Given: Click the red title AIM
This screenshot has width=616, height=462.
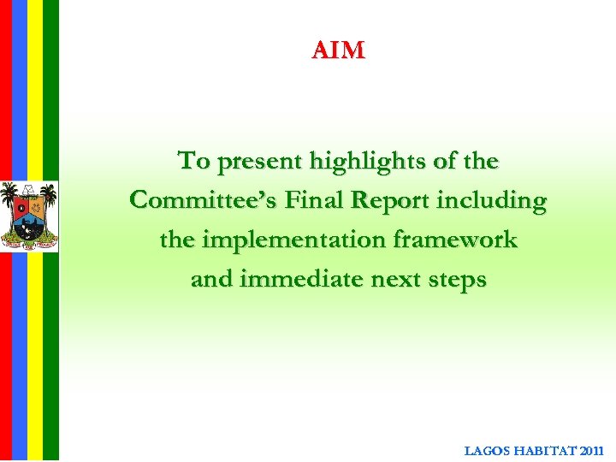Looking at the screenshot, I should click(x=339, y=51).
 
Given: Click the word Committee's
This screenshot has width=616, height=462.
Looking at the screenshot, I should click(x=202, y=201).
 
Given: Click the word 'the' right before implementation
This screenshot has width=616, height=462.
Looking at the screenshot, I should click(x=177, y=240).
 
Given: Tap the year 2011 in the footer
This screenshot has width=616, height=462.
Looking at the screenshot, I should click(x=590, y=450).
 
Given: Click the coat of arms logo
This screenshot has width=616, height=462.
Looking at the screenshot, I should click(x=29, y=216).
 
